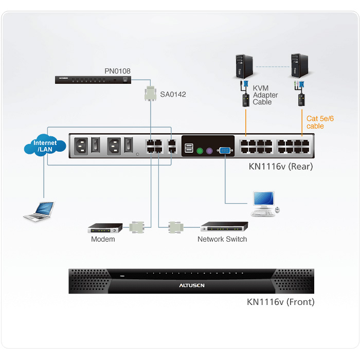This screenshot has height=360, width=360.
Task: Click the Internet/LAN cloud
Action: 45,146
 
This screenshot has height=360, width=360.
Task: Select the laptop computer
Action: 39,211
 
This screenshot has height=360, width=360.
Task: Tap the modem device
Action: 105,228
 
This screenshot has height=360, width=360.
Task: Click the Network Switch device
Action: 224,227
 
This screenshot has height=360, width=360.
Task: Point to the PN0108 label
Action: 117,71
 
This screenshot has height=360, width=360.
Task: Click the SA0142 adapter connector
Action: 150,94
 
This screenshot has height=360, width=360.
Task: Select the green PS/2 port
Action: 200,151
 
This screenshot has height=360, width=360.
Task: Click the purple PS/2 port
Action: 209,151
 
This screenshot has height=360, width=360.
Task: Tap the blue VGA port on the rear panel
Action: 225,151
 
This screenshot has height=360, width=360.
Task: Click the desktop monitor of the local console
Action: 263,200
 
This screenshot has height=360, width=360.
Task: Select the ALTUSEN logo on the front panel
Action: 192,285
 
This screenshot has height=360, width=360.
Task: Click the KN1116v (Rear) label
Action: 281,167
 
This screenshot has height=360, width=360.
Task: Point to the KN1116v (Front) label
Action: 281,302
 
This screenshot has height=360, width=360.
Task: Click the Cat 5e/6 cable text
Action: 320,122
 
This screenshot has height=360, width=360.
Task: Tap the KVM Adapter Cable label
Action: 265,95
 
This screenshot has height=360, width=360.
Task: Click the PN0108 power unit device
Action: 93,80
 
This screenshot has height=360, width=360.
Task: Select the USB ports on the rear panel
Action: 189,148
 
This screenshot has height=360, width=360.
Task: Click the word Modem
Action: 103,239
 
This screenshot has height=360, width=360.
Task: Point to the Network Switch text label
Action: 222,239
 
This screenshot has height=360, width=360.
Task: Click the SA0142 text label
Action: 173,94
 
